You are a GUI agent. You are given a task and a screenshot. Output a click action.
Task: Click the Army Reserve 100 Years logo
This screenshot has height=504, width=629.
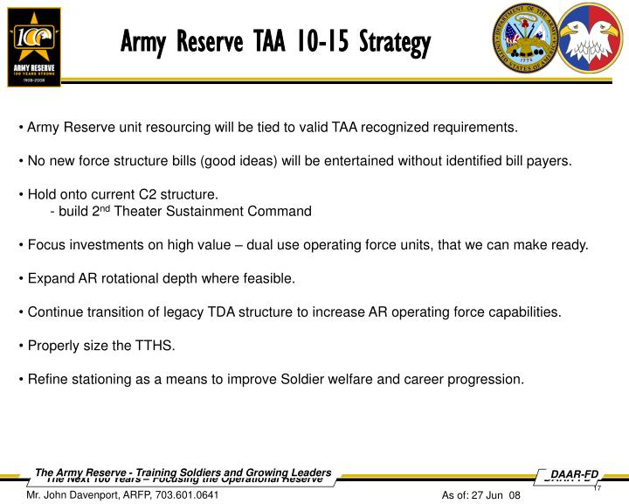tap(34, 46)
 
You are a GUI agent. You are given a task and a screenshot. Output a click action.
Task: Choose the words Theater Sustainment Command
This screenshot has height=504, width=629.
tap(213, 211)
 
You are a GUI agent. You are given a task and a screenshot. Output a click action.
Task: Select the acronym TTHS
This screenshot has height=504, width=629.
tap(156, 346)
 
